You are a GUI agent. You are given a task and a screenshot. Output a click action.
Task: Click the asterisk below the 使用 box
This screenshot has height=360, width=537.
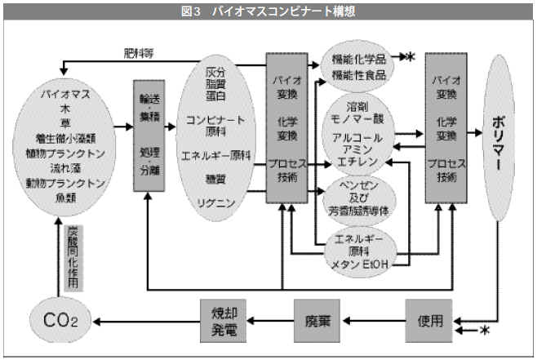[x=484, y=330]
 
